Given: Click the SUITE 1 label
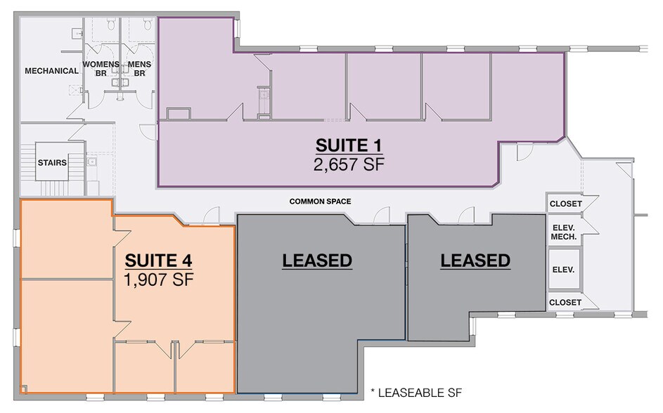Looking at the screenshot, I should click(x=348, y=146).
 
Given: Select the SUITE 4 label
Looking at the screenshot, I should click(x=158, y=261).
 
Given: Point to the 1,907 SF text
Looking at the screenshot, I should click(x=158, y=279).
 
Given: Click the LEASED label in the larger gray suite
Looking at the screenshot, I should click(x=316, y=261).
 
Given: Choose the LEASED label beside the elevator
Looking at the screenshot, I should click(x=475, y=261).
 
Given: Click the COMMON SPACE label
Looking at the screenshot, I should click(x=320, y=202).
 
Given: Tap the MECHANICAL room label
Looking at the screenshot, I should click(x=51, y=71).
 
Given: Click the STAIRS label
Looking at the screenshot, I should click(x=52, y=163).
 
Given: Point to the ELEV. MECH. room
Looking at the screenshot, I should click(x=564, y=232).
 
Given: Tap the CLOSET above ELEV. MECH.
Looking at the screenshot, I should click(x=565, y=204).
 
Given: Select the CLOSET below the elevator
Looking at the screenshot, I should click(x=565, y=303).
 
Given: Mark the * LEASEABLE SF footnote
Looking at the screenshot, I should click(x=416, y=391).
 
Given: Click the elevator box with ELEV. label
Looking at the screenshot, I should click(x=564, y=270).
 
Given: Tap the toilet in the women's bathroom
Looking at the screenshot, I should click(x=111, y=25).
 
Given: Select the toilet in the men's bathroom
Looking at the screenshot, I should click(x=147, y=25).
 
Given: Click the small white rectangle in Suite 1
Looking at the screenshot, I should click(x=178, y=114).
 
